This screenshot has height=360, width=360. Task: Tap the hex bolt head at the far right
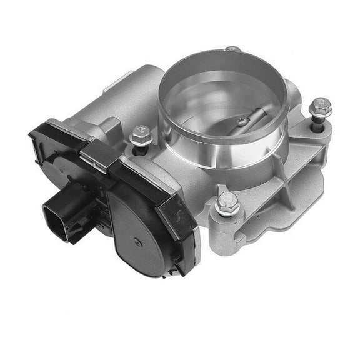click(x=320, y=107)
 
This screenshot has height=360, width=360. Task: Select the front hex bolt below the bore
click(x=227, y=203)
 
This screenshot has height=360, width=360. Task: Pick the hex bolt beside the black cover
click(x=139, y=136)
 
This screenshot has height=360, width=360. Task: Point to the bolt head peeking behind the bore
click(x=233, y=49)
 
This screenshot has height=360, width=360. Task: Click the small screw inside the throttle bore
click(x=242, y=121)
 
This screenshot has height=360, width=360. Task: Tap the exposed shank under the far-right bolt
click(x=319, y=125)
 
